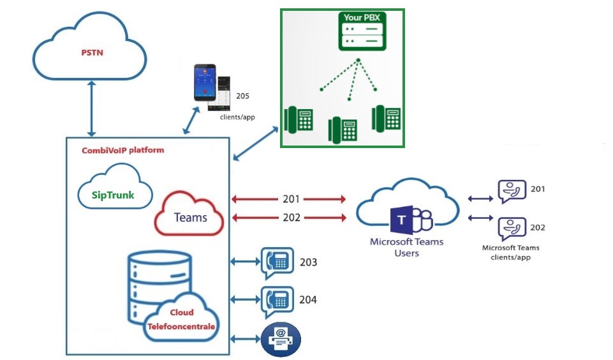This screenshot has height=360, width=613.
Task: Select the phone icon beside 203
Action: (x=278, y=262)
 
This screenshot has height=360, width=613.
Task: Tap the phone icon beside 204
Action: (x=278, y=299)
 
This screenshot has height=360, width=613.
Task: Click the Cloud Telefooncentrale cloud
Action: (x=182, y=319)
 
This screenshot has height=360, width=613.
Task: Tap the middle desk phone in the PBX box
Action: (x=343, y=130)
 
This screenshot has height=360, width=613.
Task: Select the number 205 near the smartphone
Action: (x=242, y=96)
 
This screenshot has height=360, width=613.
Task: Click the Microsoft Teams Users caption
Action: (x=406, y=248)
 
